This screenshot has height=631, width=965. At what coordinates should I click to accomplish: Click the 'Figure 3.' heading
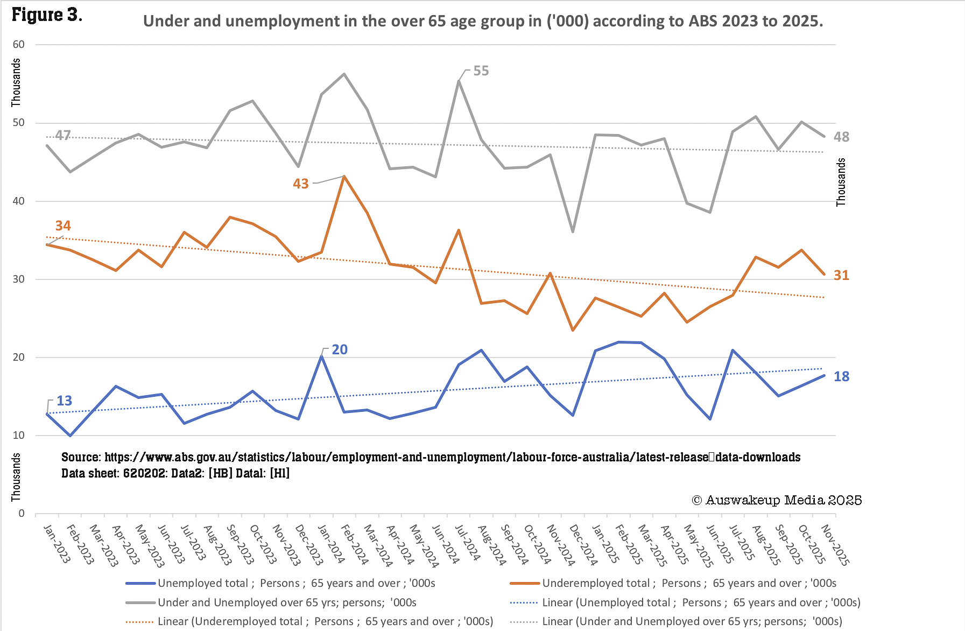click(47, 15)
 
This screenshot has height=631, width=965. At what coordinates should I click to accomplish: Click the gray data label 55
click(481, 71)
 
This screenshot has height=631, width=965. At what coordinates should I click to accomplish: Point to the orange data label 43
click(301, 184)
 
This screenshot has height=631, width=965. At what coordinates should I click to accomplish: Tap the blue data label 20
click(340, 349)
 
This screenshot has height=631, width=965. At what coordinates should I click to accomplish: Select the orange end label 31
click(841, 275)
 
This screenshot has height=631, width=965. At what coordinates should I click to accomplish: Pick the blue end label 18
click(841, 376)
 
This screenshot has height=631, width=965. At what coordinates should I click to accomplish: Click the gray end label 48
click(841, 137)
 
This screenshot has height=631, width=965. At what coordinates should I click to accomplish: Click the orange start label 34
click(63, 226)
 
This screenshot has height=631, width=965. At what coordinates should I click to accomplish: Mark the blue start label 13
click(64, 401)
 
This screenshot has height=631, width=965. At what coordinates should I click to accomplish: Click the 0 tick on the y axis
click(22, 513)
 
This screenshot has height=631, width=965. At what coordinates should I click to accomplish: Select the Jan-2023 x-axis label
click(57, 544)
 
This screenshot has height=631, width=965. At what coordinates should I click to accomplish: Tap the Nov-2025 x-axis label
click(835, 545)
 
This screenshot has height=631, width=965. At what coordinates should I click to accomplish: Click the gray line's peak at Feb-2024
click(344, 74)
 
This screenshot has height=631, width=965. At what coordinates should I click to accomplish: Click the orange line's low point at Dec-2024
click(573, 330)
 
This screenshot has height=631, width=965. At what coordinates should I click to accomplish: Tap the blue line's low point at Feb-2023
click(70, 435)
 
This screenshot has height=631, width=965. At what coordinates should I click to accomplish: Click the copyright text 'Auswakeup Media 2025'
click(777, 500)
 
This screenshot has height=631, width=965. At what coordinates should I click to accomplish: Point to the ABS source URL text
click(431, 457)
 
